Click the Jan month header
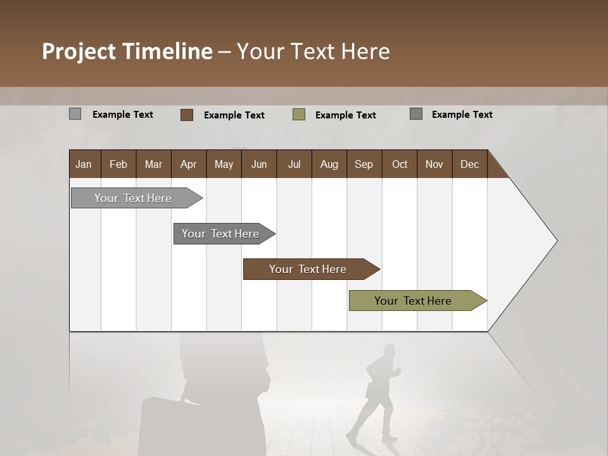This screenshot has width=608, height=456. (x=84, y=164)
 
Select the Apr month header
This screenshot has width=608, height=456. (x=189, y=164)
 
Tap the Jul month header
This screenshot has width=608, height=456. (x=294, y=164)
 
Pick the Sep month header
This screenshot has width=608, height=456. (x=364, y=164)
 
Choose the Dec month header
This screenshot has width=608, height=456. (x=469, y=164)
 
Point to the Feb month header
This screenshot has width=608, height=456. (x=118, y=164)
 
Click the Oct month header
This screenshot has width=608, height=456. (x=400, y=164)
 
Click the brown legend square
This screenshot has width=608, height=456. (x=187, y=115)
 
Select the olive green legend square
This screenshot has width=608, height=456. (x=299, y=115)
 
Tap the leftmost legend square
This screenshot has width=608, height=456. (x=75, y=114)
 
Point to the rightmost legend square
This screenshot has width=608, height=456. (x=416, y=114)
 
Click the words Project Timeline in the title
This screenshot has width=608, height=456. (x=127, y=51)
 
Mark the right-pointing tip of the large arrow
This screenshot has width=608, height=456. (x=555, y=241)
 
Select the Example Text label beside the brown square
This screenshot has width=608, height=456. (x=234, y=115)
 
